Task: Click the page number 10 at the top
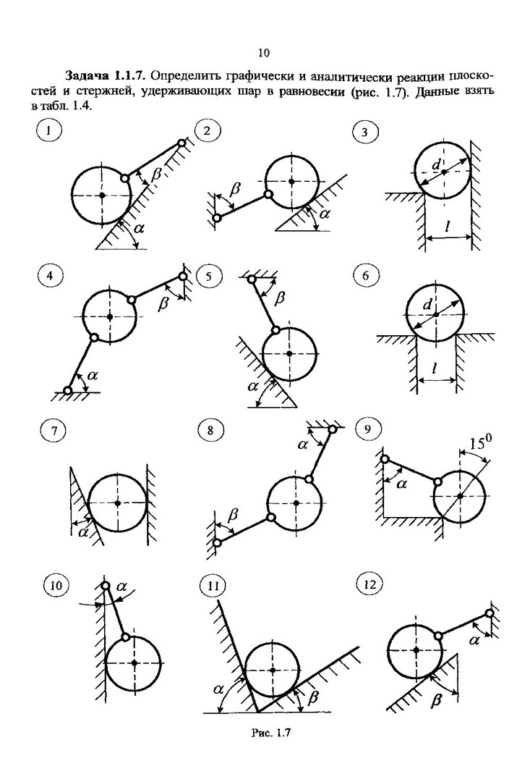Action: point(262,52)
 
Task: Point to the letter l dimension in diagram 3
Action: point(448,227)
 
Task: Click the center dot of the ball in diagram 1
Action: point(103,195)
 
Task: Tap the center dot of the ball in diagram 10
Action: point(134,663)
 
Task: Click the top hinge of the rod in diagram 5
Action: point(251,279)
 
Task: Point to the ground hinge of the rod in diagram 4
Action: point(67,391)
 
